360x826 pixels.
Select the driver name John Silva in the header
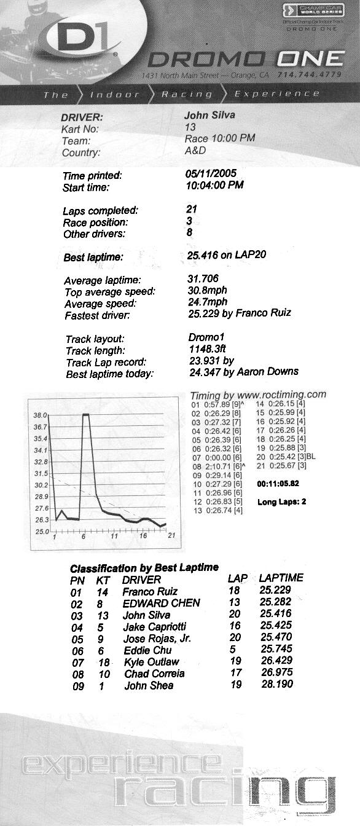[x=209, y=115]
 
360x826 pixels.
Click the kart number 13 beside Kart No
[x=190, y=127]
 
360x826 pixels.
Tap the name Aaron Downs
[x=270, y=371]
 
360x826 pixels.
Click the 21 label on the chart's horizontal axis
[x=172, y=535]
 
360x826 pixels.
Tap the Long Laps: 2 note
[x=281, y=502]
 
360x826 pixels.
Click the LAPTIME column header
[x=281, y=578]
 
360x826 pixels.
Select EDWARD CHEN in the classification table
[x=161, y=603]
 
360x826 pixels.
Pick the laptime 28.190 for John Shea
[x=276, y=684]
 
